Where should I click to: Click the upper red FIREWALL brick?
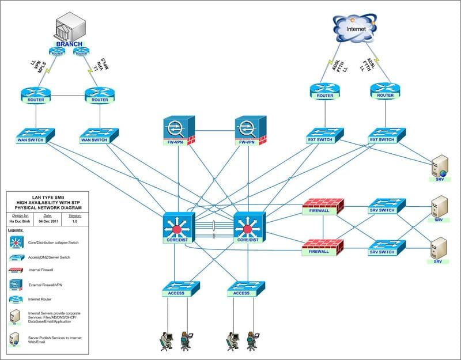click(323, 206)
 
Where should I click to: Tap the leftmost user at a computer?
click(167, 340)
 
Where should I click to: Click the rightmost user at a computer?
click(251, 340)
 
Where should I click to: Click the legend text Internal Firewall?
click(43, 269)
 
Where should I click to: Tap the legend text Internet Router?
click(41, 298)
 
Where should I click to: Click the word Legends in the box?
click(16, 229)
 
